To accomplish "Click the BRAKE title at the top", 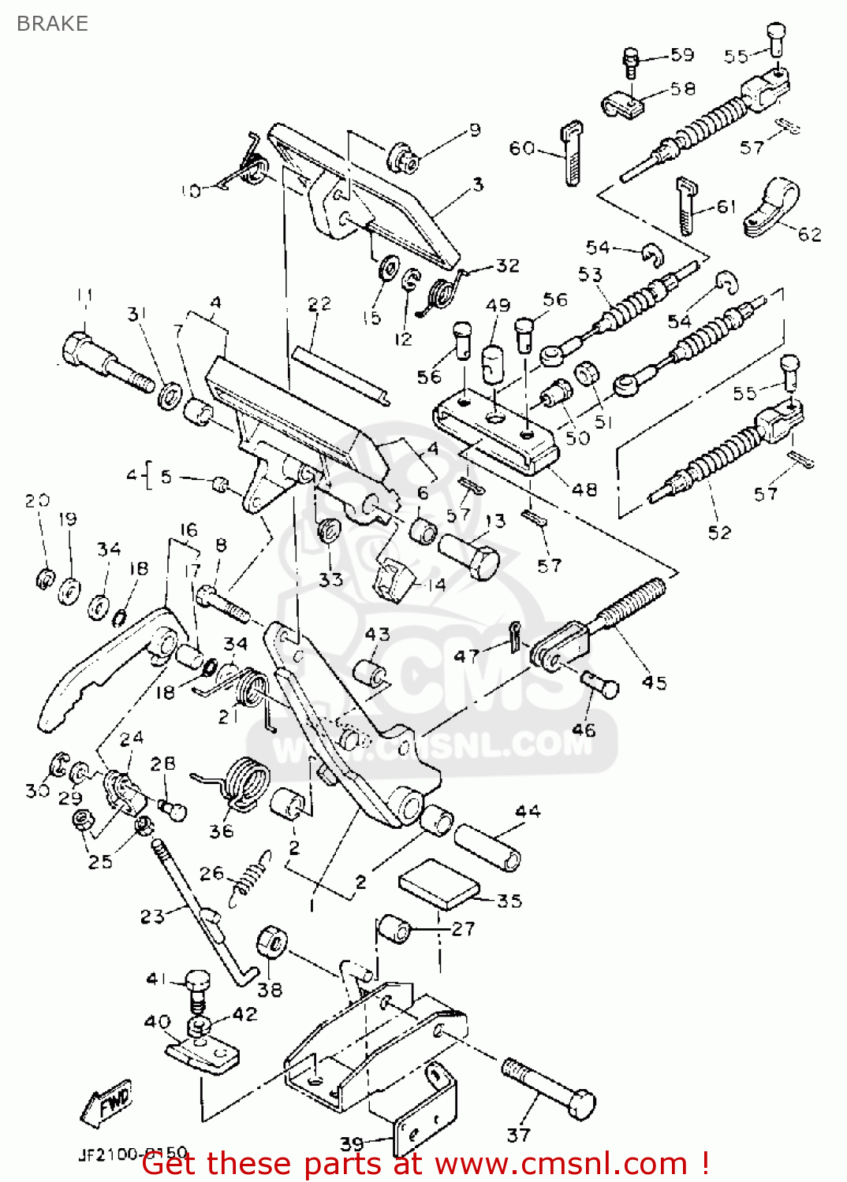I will click(x=52, y=24).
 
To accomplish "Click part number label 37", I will click(x=518, y=1135).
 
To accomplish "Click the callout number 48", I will click(x=584, y=489).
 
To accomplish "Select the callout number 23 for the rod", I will click(x=152, y=916).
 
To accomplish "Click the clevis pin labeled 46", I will click(x=601, y=683).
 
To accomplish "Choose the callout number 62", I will click(x=810, y=234).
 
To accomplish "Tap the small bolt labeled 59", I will click(x=630, y=61).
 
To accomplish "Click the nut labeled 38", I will click(x=272, y=942).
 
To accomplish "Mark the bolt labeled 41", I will click(x=198, y=988).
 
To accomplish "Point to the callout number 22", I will click(x=319, y=304).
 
